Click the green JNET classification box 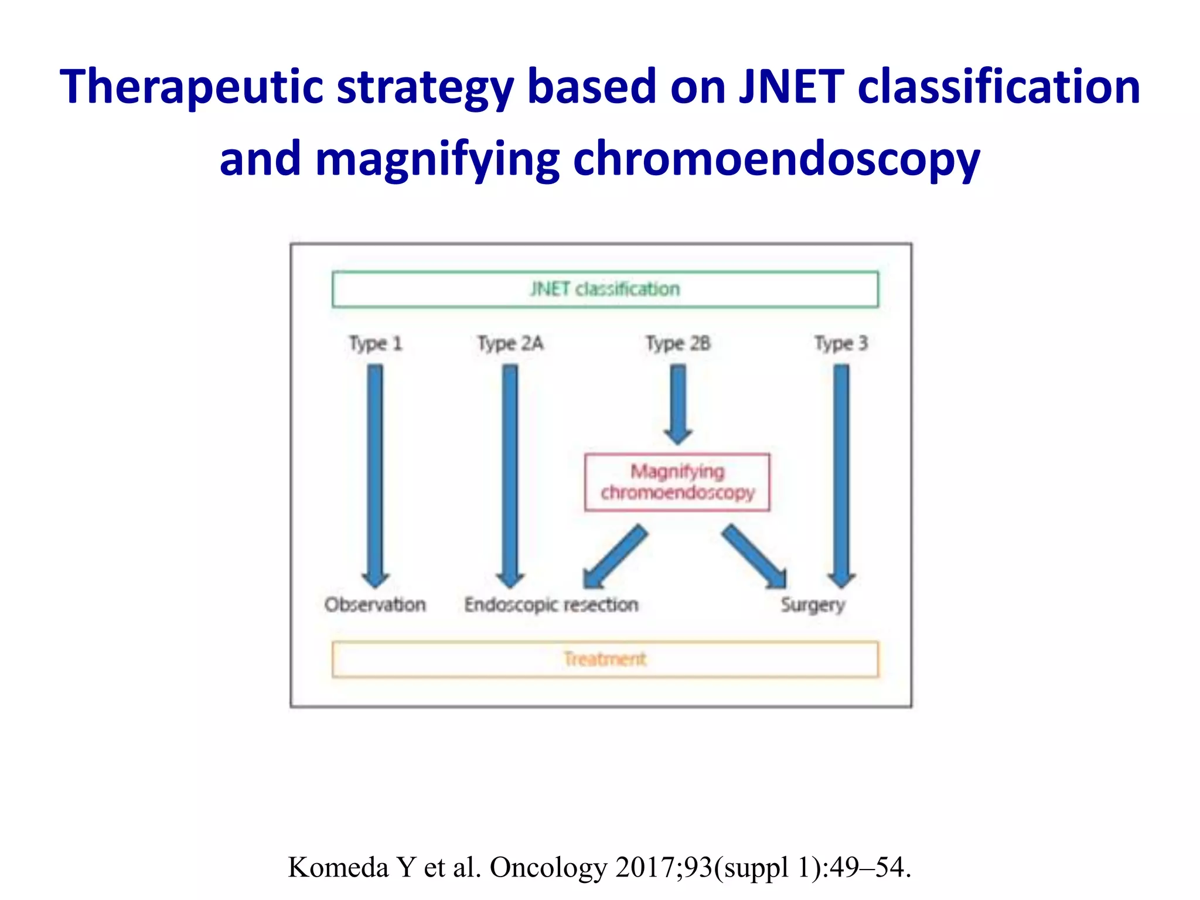pos(605,289)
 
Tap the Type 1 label pos(376,343)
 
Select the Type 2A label pos(510,343)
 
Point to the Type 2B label pos(678,343)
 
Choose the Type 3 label pos(841,343)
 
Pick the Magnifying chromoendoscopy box pos(677,482)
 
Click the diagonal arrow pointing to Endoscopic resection pos(615,557)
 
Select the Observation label pos(375,605)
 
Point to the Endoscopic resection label pos(551,605)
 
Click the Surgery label pos(813,605)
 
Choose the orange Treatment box pos(605,659)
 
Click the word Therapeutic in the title pos(191,87)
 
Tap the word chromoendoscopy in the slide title pos(776,159)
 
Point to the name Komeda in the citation pos(338,867)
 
